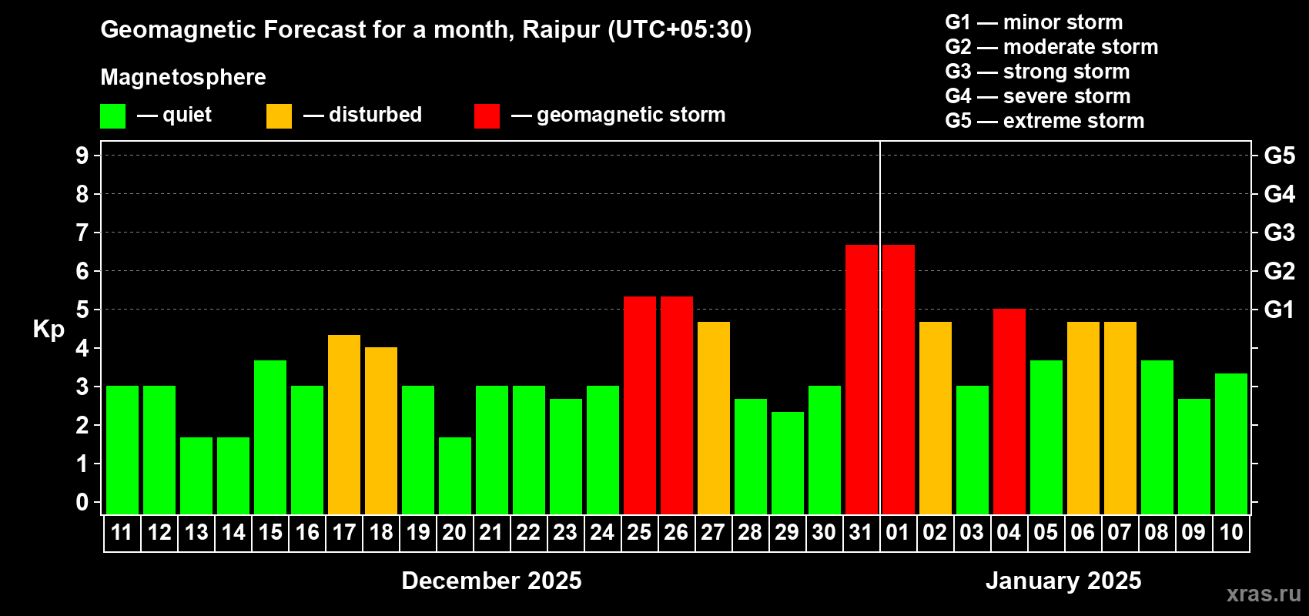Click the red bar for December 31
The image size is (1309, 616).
point(862,380)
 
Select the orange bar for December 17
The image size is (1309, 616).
point(344,424)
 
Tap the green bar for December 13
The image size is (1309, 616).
point(196,476)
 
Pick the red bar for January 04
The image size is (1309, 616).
point(1009,411)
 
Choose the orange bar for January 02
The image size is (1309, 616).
point(936,418)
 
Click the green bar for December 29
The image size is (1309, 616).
point(788,463)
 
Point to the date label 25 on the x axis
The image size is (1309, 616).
point(639,532)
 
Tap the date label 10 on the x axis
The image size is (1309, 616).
point(1230,532)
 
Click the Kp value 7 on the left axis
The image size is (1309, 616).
point(82,233)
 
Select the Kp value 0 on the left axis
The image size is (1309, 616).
point(82,502)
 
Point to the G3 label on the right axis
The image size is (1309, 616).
point(1280,233)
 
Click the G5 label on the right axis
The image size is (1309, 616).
point(1280,156)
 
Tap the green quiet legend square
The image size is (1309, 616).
point(112,115)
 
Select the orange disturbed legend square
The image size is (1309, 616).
point(279,115)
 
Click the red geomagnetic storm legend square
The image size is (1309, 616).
point(487,115)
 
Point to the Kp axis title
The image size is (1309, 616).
point(49,330)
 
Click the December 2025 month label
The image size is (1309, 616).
point(491,581)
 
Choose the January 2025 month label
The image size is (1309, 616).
point(1063,581)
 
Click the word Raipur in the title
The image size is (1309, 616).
point(561,30)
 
